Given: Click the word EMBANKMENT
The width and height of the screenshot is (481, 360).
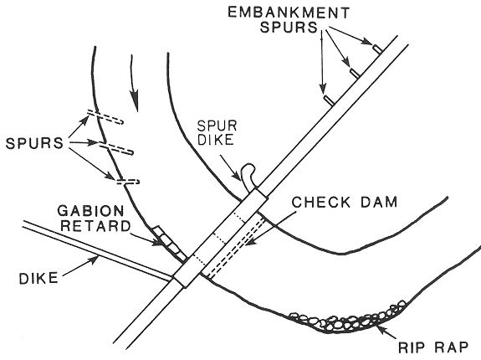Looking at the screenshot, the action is coord(289,13).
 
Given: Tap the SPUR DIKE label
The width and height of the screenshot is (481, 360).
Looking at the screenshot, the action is coord(217,133).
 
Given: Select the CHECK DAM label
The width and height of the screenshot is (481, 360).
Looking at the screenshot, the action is coord(344,203).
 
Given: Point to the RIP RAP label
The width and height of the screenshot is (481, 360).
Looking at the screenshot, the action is coord(433,347).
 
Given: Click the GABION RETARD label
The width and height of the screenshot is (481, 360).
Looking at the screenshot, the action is coord(95,219).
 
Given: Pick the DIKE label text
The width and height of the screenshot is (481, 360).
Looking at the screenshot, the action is coord(38,278).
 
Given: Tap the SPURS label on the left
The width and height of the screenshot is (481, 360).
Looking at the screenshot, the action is coord(34,143).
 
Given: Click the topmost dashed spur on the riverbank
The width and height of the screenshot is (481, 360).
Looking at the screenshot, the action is coord(105,117).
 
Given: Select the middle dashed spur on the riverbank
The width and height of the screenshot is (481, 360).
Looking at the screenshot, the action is coord(116,147).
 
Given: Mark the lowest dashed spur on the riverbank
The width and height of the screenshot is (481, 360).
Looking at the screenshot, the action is coord(128,182).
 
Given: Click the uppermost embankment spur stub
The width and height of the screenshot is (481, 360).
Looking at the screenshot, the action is coord(377,49).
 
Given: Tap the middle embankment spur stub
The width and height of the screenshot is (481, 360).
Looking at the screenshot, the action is coord(355,73).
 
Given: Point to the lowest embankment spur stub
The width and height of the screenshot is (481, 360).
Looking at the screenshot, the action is coord(329,100).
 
